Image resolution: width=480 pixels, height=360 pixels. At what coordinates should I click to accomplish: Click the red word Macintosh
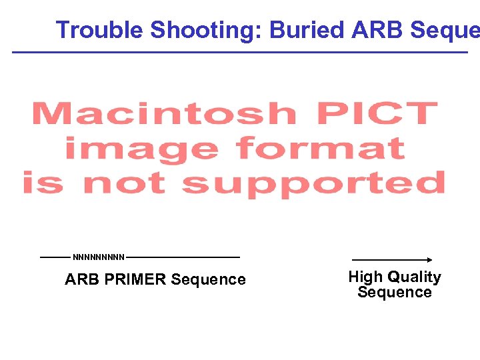164,114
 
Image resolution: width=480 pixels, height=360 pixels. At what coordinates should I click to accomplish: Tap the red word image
141,148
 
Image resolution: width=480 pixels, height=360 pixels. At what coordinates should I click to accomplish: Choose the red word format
320,148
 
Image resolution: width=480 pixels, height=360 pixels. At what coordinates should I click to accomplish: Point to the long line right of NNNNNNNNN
183,257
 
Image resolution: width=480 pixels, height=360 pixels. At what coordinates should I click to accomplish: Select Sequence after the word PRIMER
208,279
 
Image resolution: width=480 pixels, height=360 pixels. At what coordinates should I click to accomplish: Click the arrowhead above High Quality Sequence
430,260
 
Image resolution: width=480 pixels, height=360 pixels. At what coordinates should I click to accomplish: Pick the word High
365,277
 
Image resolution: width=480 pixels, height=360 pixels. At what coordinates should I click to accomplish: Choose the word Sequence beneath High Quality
395,292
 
